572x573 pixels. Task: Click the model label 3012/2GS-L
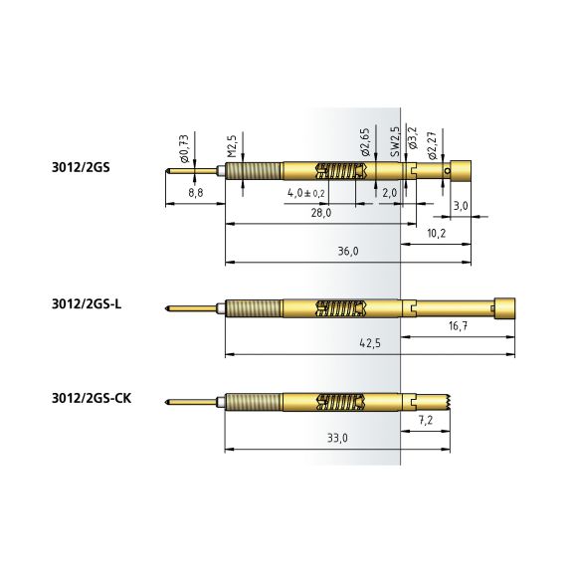tap(87, 304)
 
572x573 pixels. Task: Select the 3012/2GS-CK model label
tap(92, 398)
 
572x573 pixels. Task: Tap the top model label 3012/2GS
tap(81, 167)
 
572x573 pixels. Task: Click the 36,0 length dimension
tap(348, 252)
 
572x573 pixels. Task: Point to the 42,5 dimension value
tap(370, 343)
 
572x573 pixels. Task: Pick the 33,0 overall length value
tap(337, 438)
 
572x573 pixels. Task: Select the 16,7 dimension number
tap(458, 325)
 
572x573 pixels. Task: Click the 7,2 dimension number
tap(426, 420)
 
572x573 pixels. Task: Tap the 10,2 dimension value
tap(437, 233)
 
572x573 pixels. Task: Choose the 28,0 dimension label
tap(321, 213)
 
